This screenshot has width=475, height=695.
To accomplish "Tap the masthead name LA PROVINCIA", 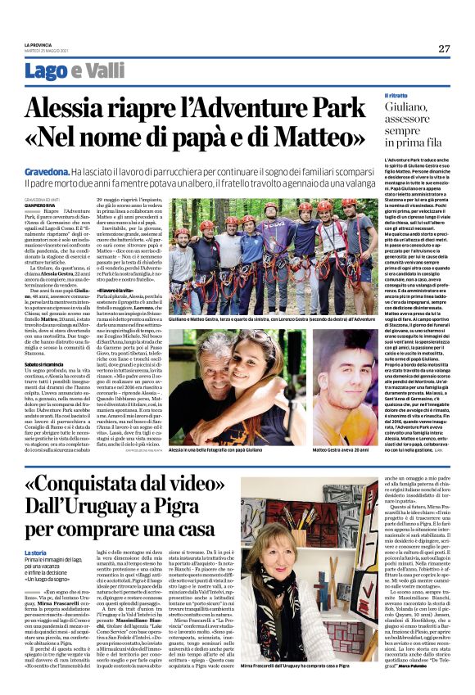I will (38, 45).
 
